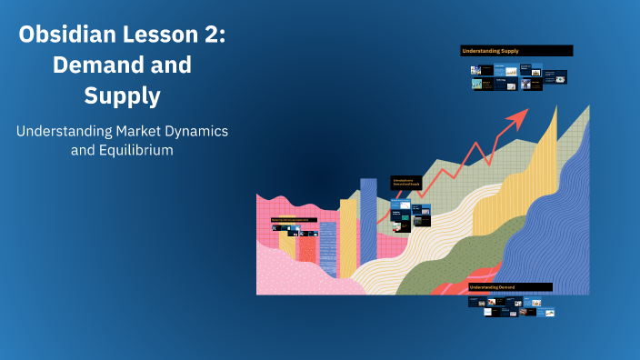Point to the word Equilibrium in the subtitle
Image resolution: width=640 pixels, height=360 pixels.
136,150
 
